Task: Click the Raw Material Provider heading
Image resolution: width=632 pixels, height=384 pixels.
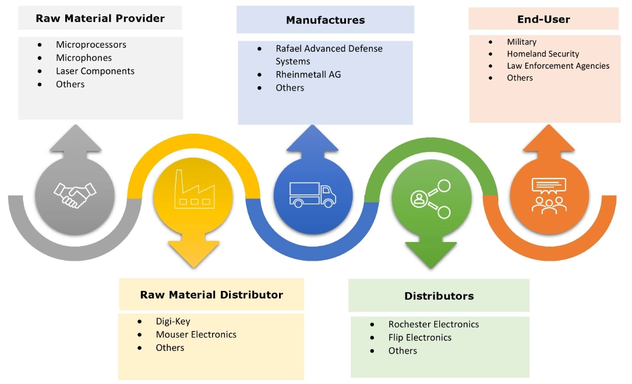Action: click(100, 18)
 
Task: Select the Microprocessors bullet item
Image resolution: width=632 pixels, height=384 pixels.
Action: click(91, 44)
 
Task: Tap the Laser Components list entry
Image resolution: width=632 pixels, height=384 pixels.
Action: click(95, 71)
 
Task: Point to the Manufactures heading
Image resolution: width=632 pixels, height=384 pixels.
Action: click(325, 20)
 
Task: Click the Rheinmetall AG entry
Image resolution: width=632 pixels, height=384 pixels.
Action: click(308, 74)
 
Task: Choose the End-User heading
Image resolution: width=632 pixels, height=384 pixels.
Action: click(543, 19)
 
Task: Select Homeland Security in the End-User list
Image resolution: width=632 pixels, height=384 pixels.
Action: click(543, 54)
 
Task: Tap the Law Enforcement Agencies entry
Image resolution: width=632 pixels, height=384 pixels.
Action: click(558, 66)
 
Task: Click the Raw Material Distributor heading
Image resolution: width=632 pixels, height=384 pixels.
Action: click(211, 294)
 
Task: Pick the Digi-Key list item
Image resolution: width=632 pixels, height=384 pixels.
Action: click(173, 321)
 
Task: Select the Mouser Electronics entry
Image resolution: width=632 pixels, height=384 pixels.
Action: click(196, 335)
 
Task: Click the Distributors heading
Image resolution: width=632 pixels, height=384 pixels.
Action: click(439, 296)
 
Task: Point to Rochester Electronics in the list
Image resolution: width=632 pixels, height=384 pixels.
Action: click(433, 324)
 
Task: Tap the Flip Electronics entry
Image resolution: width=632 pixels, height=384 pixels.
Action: click(419, 337)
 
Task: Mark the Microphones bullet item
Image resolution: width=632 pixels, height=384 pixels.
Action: click(84, 58)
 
